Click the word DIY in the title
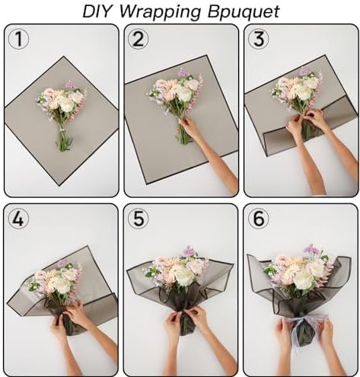(97, 11)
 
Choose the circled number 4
(18, 219)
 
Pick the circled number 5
(139, 219)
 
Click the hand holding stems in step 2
(190, 129)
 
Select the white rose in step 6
(304, 280)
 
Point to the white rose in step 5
(183, 276)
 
